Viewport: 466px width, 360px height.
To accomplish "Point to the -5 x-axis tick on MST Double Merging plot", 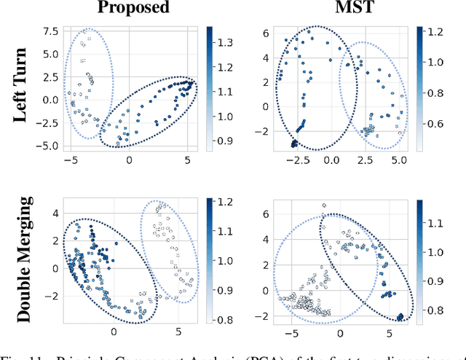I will (x=293, y=332).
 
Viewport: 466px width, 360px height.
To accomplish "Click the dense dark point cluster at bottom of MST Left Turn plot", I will (x=294, y=144).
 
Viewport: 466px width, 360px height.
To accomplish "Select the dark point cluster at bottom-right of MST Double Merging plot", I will (x=400, y=316).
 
